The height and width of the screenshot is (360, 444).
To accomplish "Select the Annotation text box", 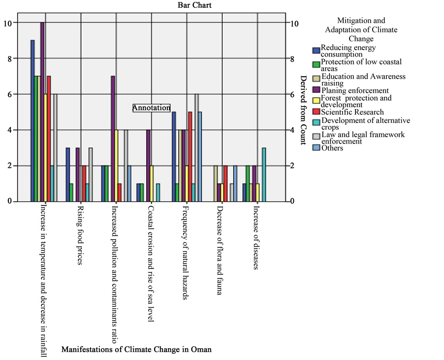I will [x=152, y=108].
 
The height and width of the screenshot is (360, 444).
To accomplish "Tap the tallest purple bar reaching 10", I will [x=42, y=112].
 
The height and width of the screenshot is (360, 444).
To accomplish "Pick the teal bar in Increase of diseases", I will [x=264, y=175].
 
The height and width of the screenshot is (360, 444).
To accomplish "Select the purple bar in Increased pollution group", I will [x=113, y=139].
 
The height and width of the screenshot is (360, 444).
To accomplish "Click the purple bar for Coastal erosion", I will [x=148, y=166].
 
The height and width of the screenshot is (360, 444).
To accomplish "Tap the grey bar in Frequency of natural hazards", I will [x=196, y=148].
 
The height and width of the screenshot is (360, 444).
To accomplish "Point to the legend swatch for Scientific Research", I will [x=316, y=112].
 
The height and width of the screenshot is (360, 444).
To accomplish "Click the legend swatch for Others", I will [x=316, y=148].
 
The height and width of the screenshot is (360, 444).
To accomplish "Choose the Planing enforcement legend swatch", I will [x=316, y=90].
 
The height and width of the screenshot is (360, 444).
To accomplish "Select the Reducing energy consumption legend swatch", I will [x=316, y=51].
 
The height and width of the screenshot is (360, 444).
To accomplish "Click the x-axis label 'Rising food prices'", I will [x=80, y=235].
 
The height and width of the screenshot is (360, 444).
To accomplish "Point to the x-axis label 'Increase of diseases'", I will [x=256, y=238].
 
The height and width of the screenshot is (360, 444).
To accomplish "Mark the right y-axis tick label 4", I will [x=294, y=130].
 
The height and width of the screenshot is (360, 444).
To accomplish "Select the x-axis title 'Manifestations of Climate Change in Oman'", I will [x=136, y=350].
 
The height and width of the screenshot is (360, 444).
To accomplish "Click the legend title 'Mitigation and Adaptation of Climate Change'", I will [x=361, y=30].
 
